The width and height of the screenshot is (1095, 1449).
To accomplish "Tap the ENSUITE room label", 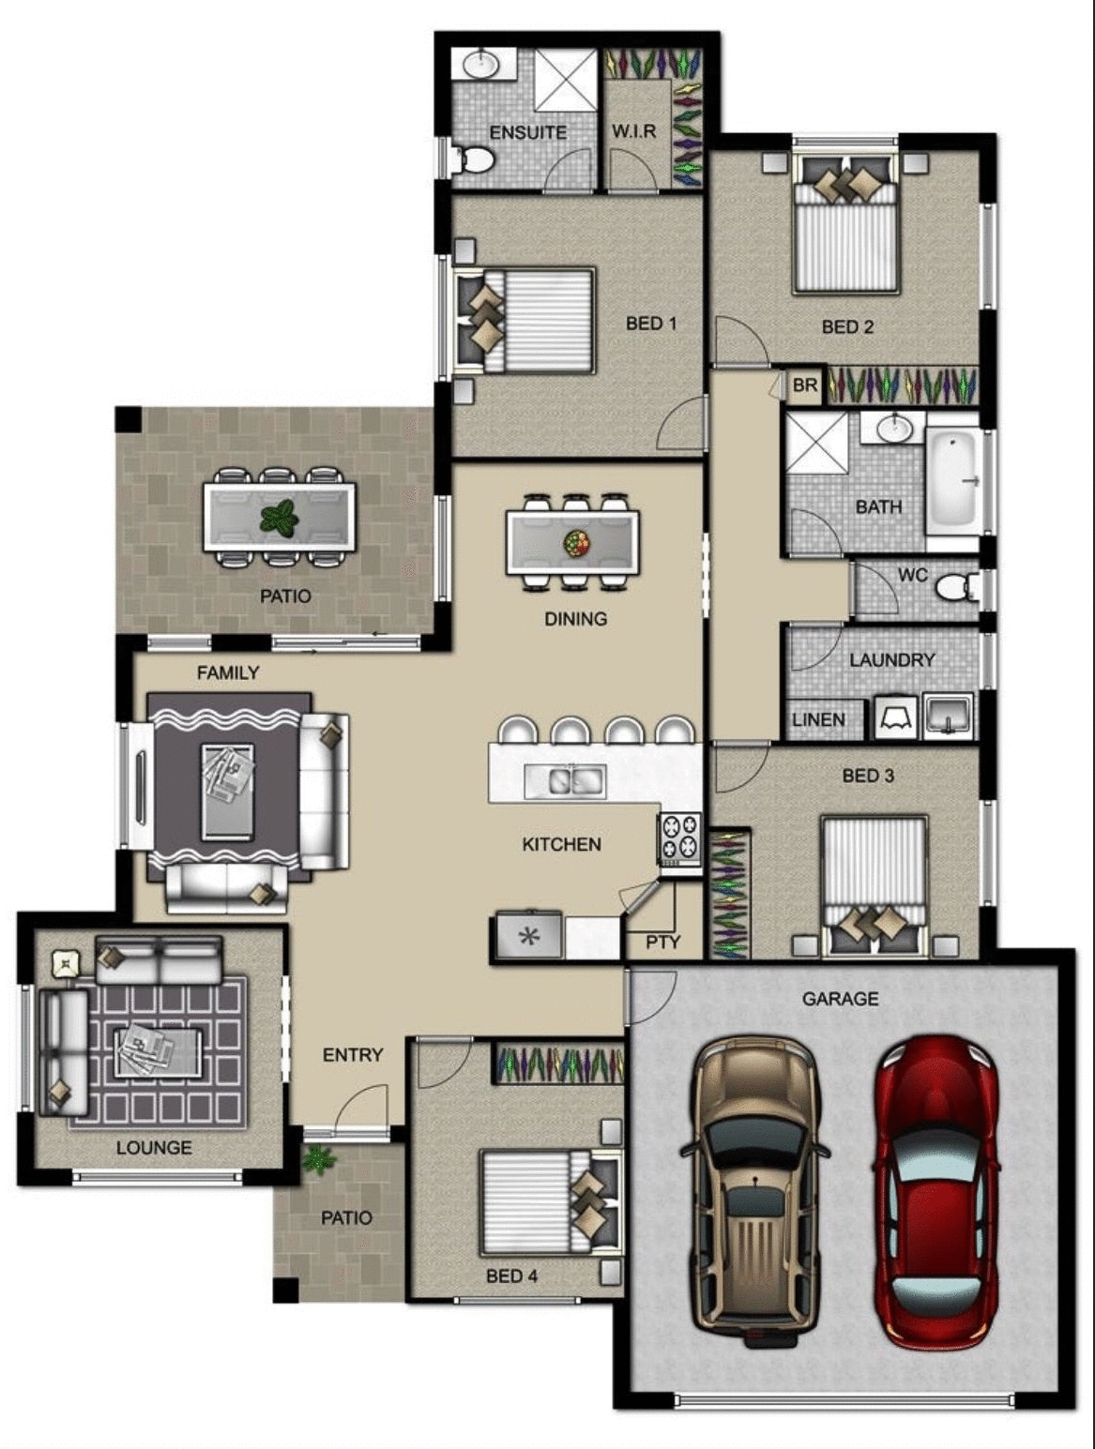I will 527,132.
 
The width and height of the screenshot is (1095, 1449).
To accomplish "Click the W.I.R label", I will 633,131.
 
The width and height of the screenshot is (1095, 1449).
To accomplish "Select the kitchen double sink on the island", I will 564,779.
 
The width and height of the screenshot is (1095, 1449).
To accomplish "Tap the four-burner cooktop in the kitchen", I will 679,838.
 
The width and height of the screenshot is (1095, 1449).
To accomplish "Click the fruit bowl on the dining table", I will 575,542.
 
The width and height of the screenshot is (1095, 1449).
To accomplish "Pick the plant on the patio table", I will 279,518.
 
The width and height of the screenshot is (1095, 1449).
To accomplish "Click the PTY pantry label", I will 662,942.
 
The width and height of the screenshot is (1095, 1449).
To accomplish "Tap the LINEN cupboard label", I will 818,719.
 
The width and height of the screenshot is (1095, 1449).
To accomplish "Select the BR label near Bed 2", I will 805,385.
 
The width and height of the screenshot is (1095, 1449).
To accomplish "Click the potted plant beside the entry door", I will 319,1159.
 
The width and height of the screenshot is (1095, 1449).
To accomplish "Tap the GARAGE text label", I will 840,999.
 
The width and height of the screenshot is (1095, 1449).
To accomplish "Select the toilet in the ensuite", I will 474,160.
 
